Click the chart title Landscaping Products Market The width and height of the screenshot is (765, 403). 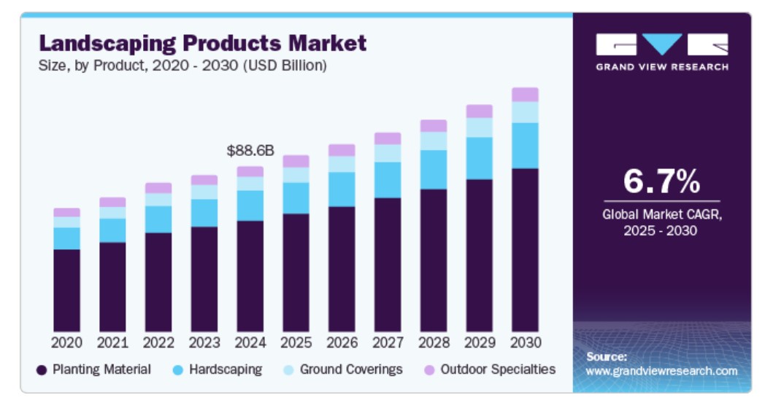click(x=202, y=43)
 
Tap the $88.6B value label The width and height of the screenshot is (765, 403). click(x=250, y=151)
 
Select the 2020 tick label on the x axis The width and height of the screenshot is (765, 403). click(x=66, y=342)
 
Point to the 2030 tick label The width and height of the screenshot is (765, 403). click(x=525, y=342)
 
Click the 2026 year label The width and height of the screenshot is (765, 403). click(x=342, y=342)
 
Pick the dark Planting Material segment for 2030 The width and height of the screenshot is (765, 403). click(x=525, y=250)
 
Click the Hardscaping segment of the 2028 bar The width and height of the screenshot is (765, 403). click(x=433, y=170)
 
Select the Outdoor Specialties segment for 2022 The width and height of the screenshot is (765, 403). click(x=158, y=188)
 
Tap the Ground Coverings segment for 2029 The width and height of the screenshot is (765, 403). click(x=479, y=128)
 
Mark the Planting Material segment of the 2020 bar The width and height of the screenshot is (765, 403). click(x=66, y=290)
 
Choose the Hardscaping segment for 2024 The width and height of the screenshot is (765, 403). click(x=250, y=206)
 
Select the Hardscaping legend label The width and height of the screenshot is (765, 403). click(x=226, y=369)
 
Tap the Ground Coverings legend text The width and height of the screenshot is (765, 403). click(x=351, y=369)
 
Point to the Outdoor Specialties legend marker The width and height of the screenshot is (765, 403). click(x=430, y=370)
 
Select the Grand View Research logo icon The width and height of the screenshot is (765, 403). click(x=661, y=44)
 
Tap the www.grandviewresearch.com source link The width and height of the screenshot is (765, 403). click(x=661, y=371)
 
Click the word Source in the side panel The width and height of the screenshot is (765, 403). click(x=607, y=356)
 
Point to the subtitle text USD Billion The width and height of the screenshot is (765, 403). click(x=288, y=66)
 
